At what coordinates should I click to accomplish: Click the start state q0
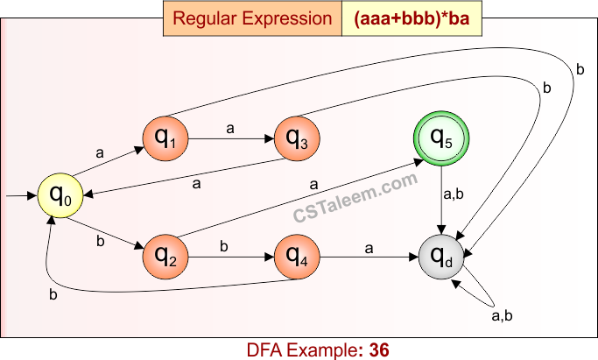(x=59, y=196)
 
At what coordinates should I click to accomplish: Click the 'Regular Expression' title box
(x=251, y=18)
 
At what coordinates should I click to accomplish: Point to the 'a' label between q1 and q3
(x=230, y=128)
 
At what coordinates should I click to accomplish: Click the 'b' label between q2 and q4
(x=224, y=246)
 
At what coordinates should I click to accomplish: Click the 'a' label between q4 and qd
(x=369, y=248)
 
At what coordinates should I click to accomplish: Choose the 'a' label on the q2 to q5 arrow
(x=313, y=185)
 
